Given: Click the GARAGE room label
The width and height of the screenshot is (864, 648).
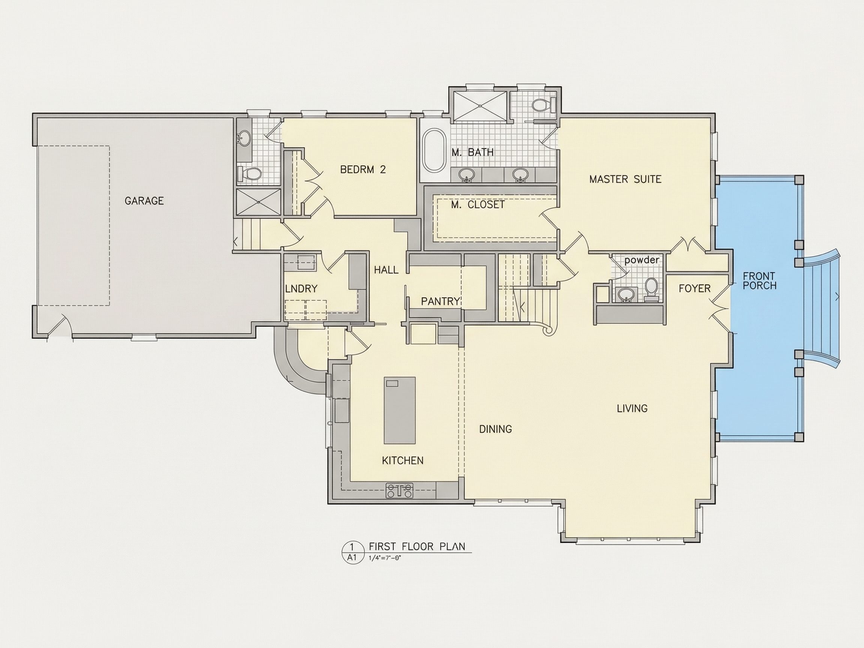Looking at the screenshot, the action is point(144,201).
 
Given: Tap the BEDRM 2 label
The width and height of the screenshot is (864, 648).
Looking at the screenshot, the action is point(363,169).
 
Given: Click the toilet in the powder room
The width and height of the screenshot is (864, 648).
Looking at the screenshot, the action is point(651,289).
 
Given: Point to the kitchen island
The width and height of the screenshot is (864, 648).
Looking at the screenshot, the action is point(400,410).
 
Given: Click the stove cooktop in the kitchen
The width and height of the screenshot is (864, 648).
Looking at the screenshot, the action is point(400,490).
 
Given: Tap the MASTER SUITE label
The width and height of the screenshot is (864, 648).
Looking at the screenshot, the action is point(625,179).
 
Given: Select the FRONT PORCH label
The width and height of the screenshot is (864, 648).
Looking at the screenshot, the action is point(759,281).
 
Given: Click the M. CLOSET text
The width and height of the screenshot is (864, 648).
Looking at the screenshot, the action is point(478,205).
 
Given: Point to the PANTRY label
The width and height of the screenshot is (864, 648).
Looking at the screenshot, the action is point(440,301).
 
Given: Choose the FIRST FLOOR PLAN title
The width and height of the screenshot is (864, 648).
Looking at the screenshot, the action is point(417,546).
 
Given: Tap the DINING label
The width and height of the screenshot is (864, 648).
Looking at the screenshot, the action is point(495,429).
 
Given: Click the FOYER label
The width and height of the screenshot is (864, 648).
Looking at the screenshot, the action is point(694,289).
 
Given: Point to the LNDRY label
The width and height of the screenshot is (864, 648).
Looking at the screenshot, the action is point(301,289).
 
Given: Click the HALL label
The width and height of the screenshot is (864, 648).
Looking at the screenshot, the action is point(386,270).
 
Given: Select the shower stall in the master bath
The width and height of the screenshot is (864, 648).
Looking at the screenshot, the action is point(480,106).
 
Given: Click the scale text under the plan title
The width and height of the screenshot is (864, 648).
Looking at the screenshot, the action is point(385,558).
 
